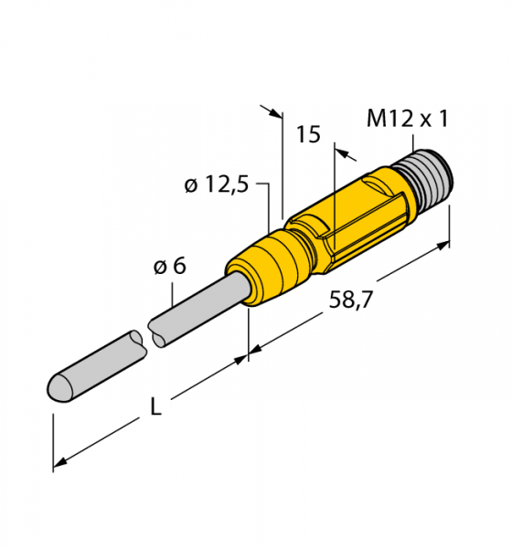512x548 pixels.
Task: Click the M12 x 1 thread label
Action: pyautogui.click(x=408, y=119)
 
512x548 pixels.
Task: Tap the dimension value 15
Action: pyautogui.click(x=308, y=134)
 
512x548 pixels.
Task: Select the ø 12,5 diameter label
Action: pyautogui.click(x=217, y=184)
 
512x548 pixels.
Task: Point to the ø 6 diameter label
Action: pyautogui.click(x=170, y=267)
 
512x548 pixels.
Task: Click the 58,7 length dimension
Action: pyautogui.click(x=350, y=300)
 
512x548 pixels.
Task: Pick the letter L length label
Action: pyautogui.click(x=155, y=406)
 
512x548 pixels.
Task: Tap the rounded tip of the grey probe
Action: pyautogui.click(x=59, y=387)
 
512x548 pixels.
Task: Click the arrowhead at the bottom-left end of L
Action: pyautogui.click(x=59, y=462)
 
